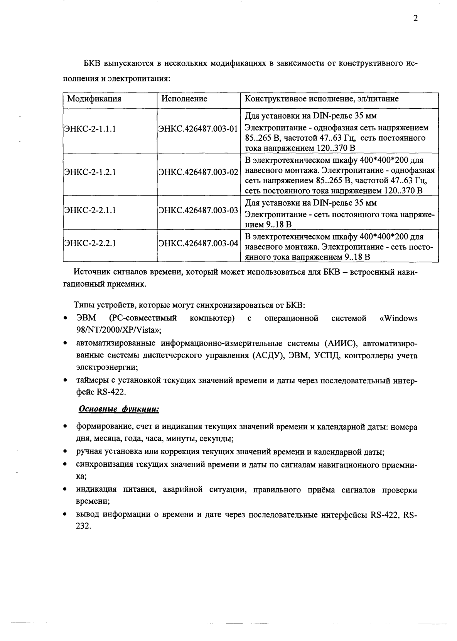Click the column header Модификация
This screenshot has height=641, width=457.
coord(94,99)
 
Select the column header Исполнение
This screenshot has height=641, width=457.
coord(184,99)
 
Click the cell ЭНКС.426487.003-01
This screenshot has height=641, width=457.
coord(198,128)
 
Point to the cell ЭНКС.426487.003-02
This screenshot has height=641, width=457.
coord(198,172)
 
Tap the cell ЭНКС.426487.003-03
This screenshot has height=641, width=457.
coord(198,211)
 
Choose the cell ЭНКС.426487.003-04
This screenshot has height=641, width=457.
coord(198,243)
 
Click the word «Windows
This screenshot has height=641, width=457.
coord(398,319)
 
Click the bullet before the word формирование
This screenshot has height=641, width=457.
coord(66,427)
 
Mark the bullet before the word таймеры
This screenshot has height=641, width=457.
coord(66,381)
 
